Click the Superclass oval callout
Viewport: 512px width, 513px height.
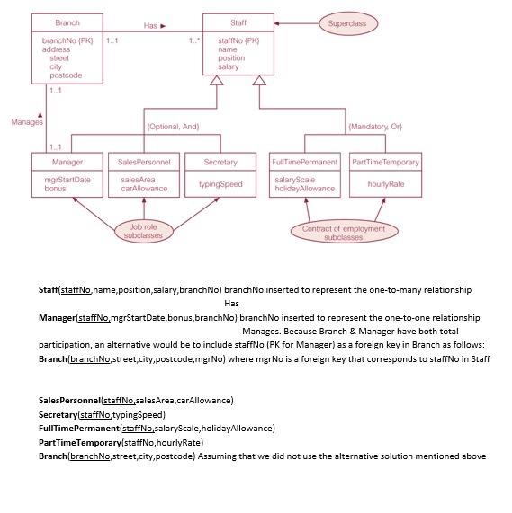pos(347,22)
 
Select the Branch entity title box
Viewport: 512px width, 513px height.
pos(67,22)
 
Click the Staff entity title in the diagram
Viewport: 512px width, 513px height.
pos(238,22)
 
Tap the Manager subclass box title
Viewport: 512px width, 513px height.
pos(68,162)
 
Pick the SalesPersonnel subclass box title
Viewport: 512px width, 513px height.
pos(143,162)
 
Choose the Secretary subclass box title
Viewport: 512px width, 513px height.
pos(220,162)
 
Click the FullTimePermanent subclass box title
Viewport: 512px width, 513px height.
pos(304,162)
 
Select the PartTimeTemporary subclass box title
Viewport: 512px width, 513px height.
pos(384,162)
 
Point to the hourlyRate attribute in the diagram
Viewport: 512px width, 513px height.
pos(384,183)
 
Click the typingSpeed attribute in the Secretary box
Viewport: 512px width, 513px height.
pos(220,183)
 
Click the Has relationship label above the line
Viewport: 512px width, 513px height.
pos(151,26)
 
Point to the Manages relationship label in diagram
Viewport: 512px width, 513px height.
pos(27,122)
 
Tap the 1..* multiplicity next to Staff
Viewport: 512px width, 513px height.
pos(194,40)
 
